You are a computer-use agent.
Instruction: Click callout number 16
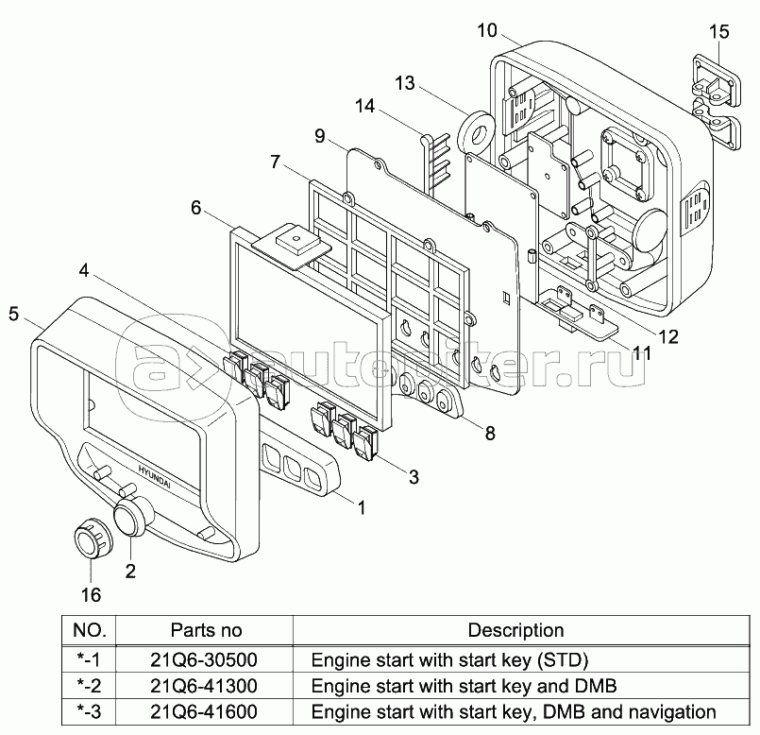tap(91, 595)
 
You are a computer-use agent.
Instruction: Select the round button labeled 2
tap(132, 516)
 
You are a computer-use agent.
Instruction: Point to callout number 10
tap(487, 30)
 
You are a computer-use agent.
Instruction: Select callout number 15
tap(718, 32)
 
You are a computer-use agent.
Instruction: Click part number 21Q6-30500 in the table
tap(204, 659)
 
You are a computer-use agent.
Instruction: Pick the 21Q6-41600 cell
tap(204, 711)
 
